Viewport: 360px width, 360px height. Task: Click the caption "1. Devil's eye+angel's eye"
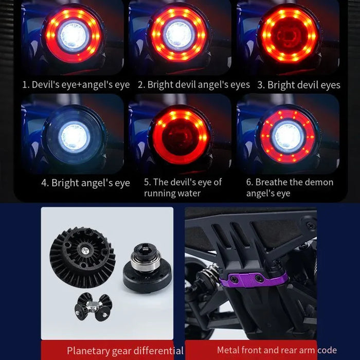76,85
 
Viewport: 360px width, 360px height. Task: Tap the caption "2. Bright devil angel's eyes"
194,85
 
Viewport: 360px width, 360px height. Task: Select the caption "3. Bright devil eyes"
299,85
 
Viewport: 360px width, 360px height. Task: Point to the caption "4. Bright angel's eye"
86,183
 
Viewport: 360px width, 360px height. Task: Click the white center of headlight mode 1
74,36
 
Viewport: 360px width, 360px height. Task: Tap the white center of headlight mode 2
178,35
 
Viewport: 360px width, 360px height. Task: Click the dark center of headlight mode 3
289,36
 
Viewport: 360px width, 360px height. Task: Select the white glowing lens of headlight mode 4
74,137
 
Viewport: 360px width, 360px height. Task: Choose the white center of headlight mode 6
288,137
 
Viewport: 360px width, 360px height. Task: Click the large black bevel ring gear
82,257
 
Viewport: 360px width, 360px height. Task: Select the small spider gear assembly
94,307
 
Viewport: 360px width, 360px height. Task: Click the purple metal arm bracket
253,279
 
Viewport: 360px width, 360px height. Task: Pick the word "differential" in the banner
158,351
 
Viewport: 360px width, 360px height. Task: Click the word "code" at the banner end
327,350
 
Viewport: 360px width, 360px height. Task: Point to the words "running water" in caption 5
172,193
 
